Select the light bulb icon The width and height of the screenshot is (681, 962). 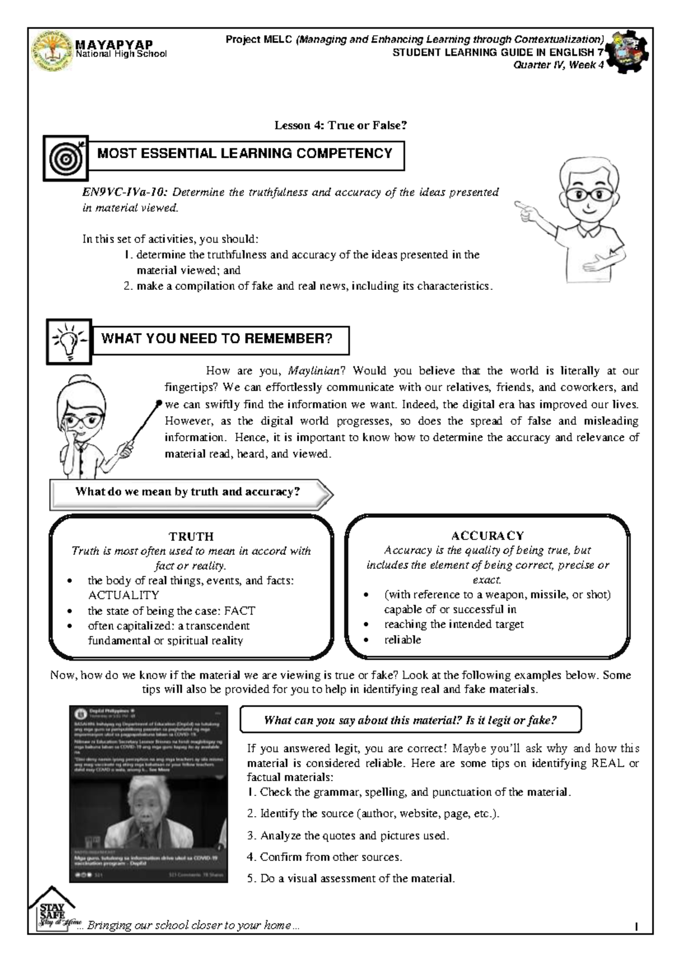(69, 341)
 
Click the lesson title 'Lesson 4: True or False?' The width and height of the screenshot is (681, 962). (340, 125)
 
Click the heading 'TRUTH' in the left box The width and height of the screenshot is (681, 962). (191, 536)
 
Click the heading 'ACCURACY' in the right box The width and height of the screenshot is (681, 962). (487, 535)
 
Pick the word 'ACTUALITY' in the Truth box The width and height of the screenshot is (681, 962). (123, 595)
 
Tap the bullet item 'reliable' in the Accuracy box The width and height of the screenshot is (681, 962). (402, 639)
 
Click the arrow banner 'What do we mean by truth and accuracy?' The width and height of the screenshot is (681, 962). (188, 492)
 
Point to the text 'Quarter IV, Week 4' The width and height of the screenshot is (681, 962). (558, 65)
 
